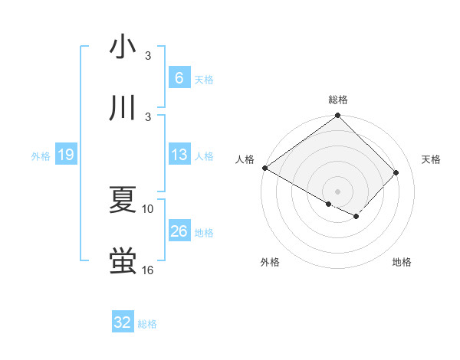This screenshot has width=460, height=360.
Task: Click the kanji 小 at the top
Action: (x=123, y=47)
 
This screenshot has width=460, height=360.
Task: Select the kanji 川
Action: (x=123, y=109)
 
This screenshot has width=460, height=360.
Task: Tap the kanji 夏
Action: (x=123, y=200)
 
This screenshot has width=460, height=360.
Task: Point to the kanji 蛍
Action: (x=123, y=261)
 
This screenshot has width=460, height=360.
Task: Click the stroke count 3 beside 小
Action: (x=148, y=56)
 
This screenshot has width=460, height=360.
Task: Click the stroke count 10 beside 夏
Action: (x=148, y=208)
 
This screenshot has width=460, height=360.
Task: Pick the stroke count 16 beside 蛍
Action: (x=148, y=270)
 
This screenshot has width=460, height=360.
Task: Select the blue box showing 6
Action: (x=179, y=78)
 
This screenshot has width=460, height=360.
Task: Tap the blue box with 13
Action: (x=179, y=155)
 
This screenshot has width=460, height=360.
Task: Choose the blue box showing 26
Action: (x=179, y=231)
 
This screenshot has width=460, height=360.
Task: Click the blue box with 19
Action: (x=65, y=155)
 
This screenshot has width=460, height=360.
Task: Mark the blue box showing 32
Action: (x=123, y=322)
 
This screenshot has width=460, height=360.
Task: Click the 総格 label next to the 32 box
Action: (x=147, y=324)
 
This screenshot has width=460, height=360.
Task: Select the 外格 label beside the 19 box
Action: (x=41, y=156)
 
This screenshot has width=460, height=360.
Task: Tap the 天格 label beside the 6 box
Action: (x=203, y=80)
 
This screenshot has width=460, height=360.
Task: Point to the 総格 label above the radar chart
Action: (x=337, y=100)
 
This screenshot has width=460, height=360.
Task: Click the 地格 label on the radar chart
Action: (x=402, y=262)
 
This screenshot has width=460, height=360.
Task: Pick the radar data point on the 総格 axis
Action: (x=337, y=116)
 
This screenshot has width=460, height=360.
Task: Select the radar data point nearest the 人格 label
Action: (x=264, y=168)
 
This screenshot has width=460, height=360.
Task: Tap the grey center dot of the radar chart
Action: (x=337, y=191)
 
